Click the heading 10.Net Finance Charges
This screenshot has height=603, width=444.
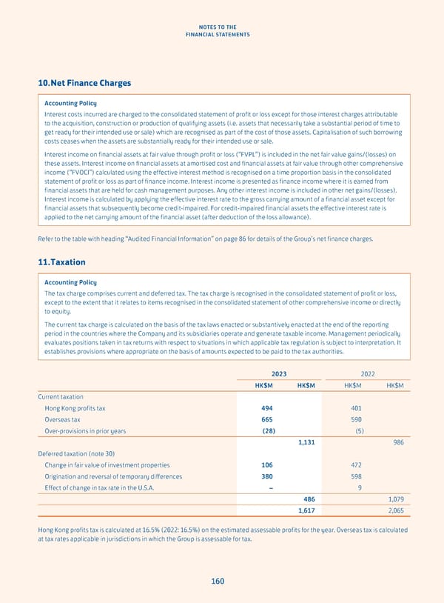[x=84, y=83]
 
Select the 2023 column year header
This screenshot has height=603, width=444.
[x=279, y=374]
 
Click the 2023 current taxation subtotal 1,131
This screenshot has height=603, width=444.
[x=306, y=442]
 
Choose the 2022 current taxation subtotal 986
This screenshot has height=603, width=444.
[x=397, y=442]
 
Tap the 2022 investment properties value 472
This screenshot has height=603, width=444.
[x=357, y=465]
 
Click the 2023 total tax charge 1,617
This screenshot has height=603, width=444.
[x=306, y=510]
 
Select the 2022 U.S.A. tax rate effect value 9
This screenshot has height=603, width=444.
[x=359, y=487]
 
